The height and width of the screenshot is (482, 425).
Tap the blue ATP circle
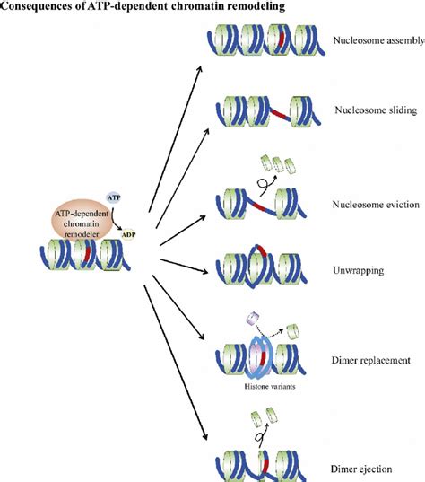pos(114,196)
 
